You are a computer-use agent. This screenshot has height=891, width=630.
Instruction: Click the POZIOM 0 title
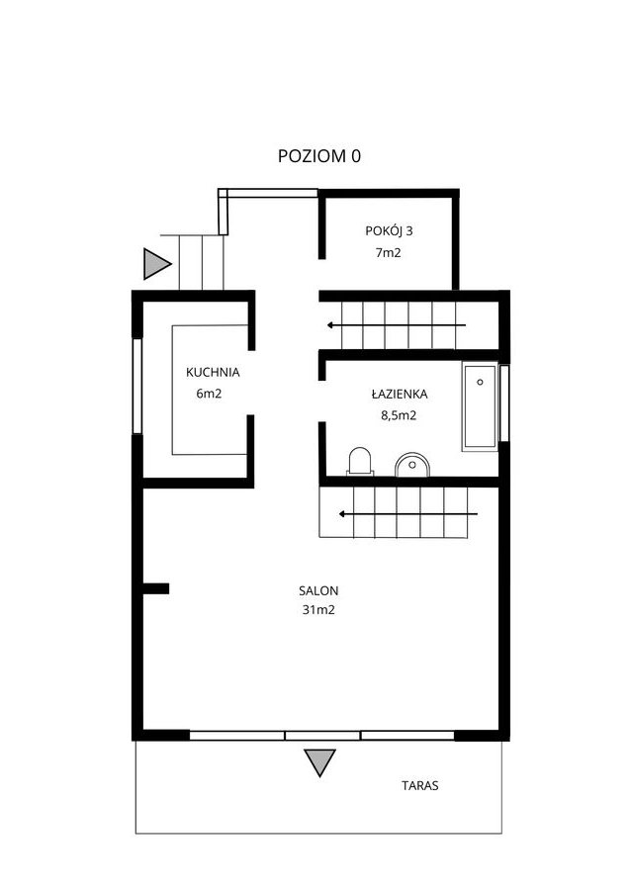318,156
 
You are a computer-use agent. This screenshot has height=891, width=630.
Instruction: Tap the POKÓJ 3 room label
389,231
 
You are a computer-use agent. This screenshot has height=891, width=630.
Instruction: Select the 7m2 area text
388,253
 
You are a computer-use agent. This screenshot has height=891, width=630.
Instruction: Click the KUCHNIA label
213,373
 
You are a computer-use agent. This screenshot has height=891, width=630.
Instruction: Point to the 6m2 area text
209,394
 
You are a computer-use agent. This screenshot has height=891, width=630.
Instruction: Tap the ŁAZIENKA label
400,394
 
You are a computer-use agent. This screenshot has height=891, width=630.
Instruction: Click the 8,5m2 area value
399,415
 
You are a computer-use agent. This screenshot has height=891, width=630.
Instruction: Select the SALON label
318,591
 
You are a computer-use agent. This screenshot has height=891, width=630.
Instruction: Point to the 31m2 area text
318,610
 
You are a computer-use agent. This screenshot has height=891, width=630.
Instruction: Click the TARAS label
419,786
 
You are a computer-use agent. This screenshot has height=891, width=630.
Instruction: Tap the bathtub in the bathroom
480,406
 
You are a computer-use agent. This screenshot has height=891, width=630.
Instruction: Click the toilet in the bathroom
360,461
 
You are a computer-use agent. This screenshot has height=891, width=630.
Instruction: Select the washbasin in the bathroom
411,465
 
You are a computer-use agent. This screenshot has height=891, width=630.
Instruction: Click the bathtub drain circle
480,383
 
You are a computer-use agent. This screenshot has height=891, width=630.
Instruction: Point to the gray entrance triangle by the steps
156,264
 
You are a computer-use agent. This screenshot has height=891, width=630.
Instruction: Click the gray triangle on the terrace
319,762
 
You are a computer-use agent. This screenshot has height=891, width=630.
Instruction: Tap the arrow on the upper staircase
397,325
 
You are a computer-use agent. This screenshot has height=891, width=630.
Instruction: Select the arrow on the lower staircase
408,514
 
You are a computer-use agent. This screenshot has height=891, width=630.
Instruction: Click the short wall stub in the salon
155,588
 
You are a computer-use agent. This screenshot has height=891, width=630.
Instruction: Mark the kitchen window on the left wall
136,386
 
